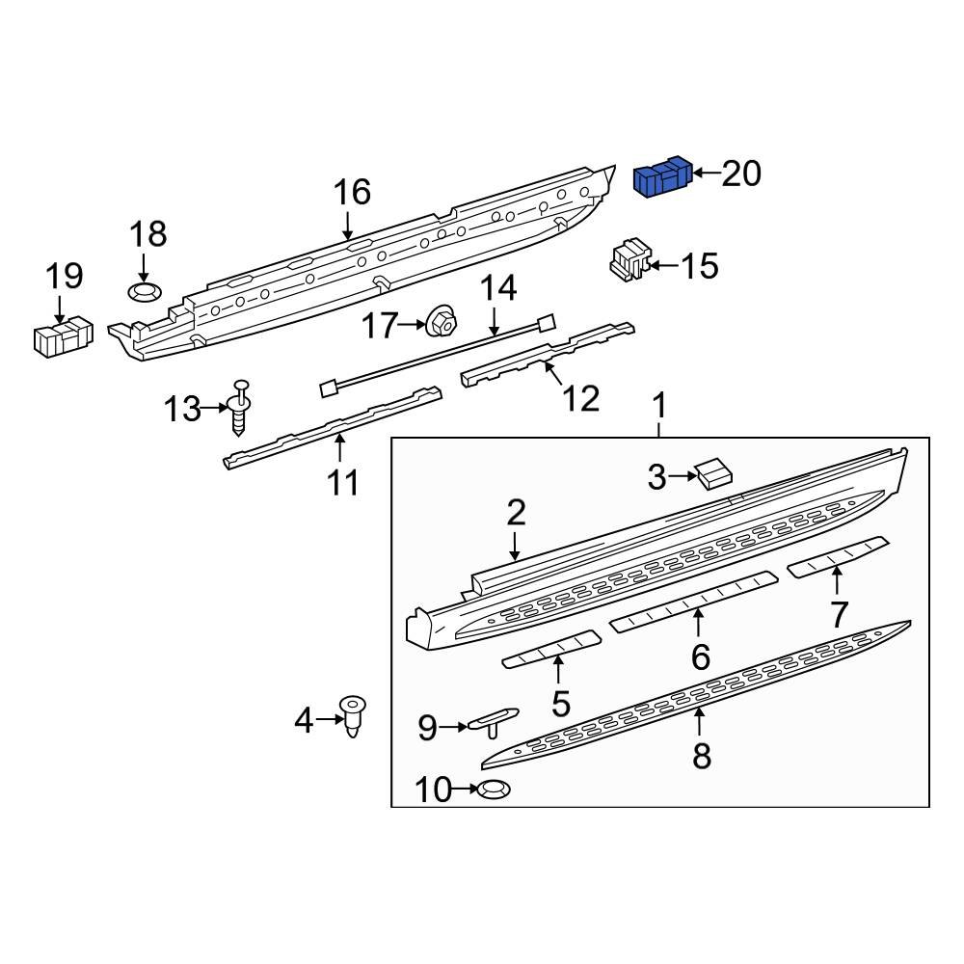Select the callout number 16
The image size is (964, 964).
[x=352, y=193]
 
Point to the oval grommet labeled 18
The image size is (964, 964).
[x=146, y=291]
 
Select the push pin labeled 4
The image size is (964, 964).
[x=356, y=718]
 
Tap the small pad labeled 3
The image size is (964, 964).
[x=714, y=472]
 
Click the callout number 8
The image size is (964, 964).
[x=702, y=756]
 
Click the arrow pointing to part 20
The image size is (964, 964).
[x=706, y=174]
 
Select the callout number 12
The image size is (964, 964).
[x=580, y=397]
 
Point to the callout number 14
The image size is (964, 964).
[x=498, y=288]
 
